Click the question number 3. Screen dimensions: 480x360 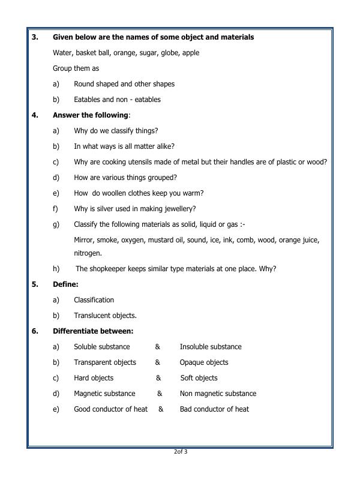pyautogui.click(x=35, y=37)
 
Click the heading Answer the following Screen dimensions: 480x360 pyautogui.click(x=91, y=115)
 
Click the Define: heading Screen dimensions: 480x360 pyautogui.click(x=65, y=284)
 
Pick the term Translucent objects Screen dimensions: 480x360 pyautogui.click(x=105, y=316)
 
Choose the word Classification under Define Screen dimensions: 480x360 pyautogui.click(x=94, y=300)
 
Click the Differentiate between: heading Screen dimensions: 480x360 pyautogui.click(x=93, y=331)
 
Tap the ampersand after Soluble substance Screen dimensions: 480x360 pyautogui.click(x=157, y=347)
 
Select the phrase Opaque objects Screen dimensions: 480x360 pyautogui.click(x=204, y=362)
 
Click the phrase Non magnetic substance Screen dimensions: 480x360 pyautogui.click(x=218, y=394)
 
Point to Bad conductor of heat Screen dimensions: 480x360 pyautogui.click(x=214, y=409)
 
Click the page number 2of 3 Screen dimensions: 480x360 pyautogui.click(x=180, y=452)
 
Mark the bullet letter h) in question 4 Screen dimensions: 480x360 pyautogui.click(x=56, y=269)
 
